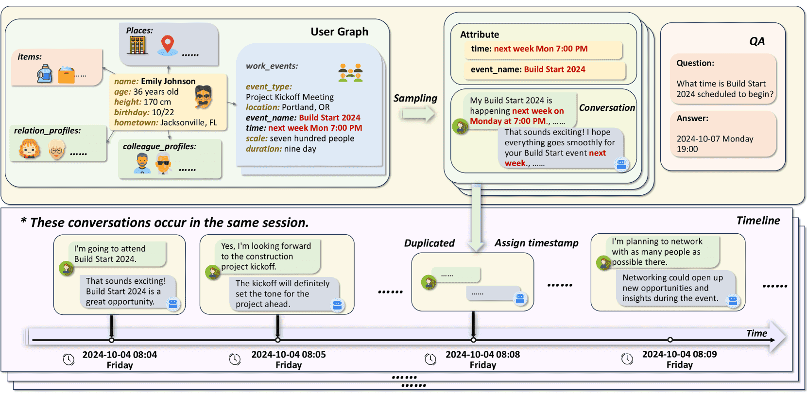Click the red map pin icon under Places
pos(168,44)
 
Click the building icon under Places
pos(137,45)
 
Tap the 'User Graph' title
pos(339,32)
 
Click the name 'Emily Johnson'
pos(168,81)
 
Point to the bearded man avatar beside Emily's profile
pos(203,96)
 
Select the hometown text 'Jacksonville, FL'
pos(189,122)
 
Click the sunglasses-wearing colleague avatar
pos(163,164)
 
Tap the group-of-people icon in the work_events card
pos(350,72)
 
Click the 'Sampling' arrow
pos(417,114)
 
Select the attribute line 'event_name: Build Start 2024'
pos(528,69)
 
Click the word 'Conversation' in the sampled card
pos(607,108)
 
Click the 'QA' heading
pos(756,41)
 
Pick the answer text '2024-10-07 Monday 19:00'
pos(715,144)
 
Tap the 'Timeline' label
pos(758,221)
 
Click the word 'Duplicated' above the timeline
pos(429,243)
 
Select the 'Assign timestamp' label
pos(536,243)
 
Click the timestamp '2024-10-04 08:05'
pos(289,355)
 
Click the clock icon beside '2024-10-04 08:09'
pos(627,359)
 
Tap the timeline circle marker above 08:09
pos(670,340)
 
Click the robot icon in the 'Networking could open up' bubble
pos(733,301)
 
